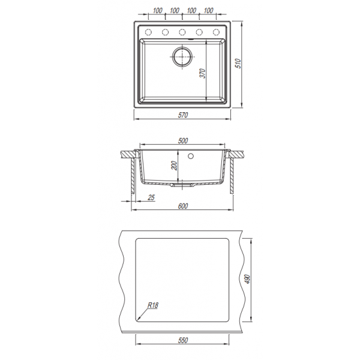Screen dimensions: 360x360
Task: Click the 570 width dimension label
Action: tap(183, 115)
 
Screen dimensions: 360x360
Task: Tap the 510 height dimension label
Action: tap(238, 64)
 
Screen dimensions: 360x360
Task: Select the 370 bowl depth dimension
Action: tap(203, 73)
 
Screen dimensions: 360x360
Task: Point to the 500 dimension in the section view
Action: tap(183, 141)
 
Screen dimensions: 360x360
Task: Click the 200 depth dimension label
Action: tap(175, 166)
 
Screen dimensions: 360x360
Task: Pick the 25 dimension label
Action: tap(151, 197)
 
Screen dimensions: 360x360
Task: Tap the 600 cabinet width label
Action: tap(183, 206)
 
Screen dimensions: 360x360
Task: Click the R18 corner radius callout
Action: tap(153, 305)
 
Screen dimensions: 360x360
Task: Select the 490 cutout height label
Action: tap(247, 279)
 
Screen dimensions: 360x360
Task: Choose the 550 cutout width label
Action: tap(183, 340)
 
